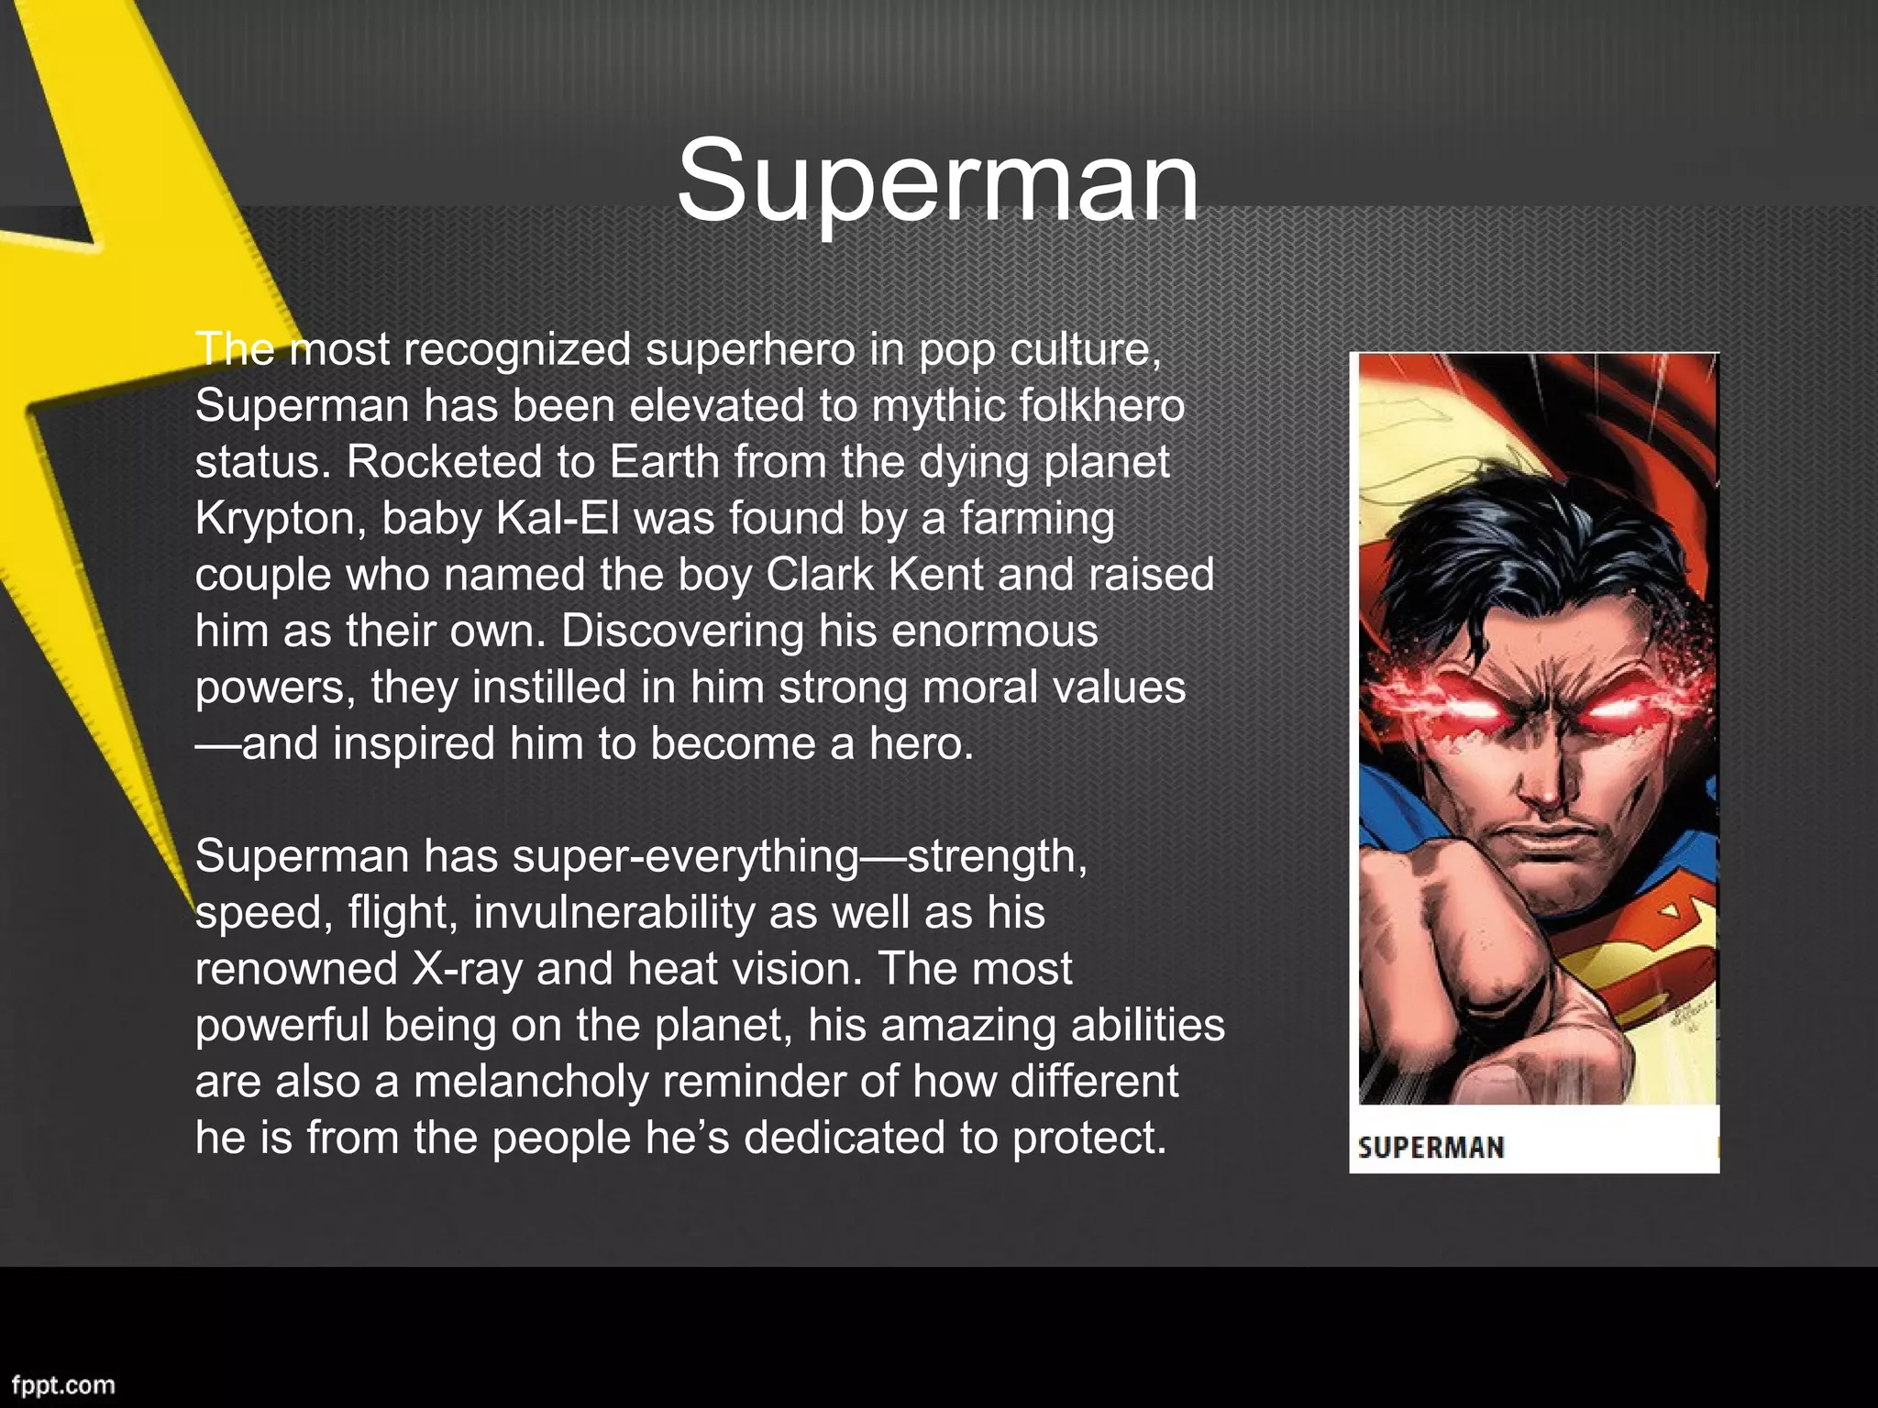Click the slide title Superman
click(x=937, y=181)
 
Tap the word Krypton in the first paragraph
click(x=273, y=519)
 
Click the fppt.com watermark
click(x=63, y=1384)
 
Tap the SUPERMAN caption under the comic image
click(x=1431, y=1148)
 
